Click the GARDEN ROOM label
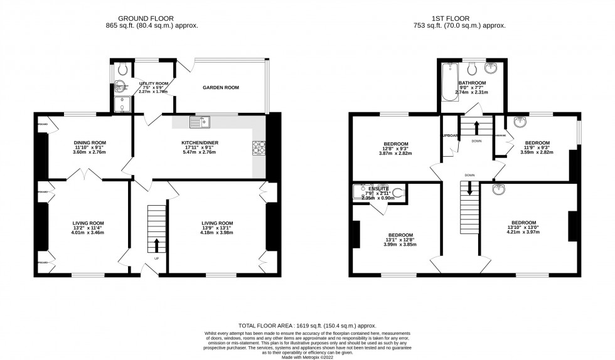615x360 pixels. [220, 88]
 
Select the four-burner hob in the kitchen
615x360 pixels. [259, 148]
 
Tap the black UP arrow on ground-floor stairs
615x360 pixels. [156, 244]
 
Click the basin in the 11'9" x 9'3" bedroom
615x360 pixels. [519, 123]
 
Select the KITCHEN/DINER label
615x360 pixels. [200, 143]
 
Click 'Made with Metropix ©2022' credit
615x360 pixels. [307, 356]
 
